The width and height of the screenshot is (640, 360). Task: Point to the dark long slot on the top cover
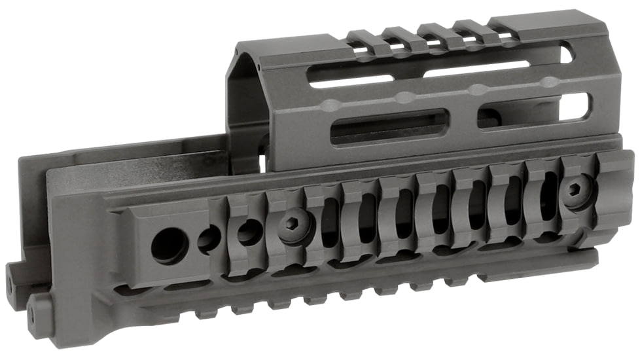pos(389,126)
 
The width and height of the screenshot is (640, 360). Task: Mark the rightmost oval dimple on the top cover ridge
pos(551,82)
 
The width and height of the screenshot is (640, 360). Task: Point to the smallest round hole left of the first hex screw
pos(250,232)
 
